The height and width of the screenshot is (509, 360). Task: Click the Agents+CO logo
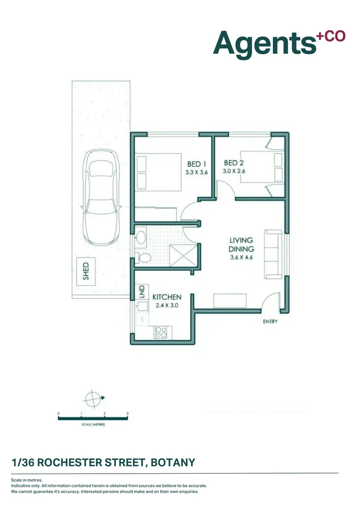[x=279, y=43]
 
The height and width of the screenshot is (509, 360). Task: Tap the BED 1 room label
[x=196, y=164]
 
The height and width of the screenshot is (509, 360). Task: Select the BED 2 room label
[x=234, y=163]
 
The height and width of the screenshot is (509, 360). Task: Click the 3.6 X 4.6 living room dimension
[x=241, y=257]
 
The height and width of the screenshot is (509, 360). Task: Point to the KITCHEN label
[x=167, y=297]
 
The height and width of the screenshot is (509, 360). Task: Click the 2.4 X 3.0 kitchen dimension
[x=167, y=305]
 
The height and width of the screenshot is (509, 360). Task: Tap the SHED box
[x=86, y=271]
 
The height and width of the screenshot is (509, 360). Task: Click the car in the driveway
[x=101, y=197]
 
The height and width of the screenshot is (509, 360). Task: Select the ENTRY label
[x=270, y=322]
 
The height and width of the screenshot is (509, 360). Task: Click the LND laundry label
[x=141, y=292]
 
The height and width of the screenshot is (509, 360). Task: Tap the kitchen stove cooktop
[x=161, y=332]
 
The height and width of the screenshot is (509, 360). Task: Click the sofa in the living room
[x=273, y=254]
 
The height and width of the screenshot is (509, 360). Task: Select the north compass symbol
[x=93, y=398]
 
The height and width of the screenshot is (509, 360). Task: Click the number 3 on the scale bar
[x=128, y=413]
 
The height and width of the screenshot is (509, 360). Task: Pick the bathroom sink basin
[x=140, y=238]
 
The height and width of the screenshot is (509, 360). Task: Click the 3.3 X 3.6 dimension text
[x=196, y=172]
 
